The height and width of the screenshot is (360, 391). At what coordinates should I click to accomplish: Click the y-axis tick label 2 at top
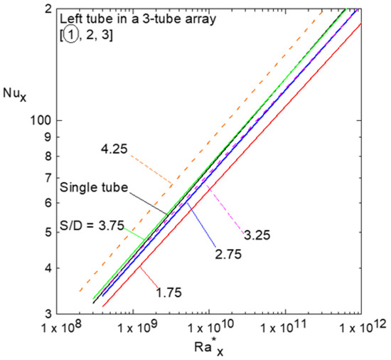47,9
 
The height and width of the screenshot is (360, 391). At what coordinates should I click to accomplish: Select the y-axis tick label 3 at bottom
47,314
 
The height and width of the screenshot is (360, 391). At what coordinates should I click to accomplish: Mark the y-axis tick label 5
47,232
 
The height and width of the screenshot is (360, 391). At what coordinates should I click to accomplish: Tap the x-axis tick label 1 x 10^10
208,328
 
